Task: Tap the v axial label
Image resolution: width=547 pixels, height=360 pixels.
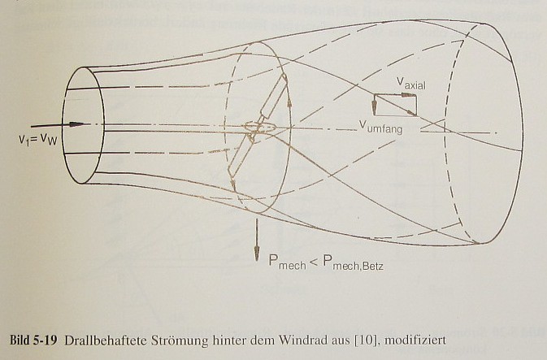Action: [412, 83]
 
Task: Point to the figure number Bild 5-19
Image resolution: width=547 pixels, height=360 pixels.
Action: [33, 337]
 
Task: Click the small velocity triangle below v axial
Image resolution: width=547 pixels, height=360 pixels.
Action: [395, 105]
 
